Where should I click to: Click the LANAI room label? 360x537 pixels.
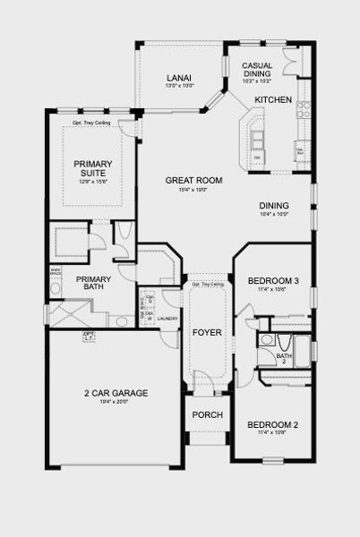click(x=175, y=80)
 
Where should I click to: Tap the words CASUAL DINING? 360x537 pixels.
click(x=258, y=70)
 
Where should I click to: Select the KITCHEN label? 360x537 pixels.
click(x=273, y=99)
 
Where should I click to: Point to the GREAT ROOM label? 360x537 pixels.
click(x=193, y=180)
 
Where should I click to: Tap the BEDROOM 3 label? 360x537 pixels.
click(x=272, y=282)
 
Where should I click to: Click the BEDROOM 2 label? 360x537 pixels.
click(x=272, y=423)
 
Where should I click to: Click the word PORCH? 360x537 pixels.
click(x=207, y=414)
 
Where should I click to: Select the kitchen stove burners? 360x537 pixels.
click(x=304, y=109)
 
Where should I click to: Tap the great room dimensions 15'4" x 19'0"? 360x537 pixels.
click(x=193, y=190)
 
